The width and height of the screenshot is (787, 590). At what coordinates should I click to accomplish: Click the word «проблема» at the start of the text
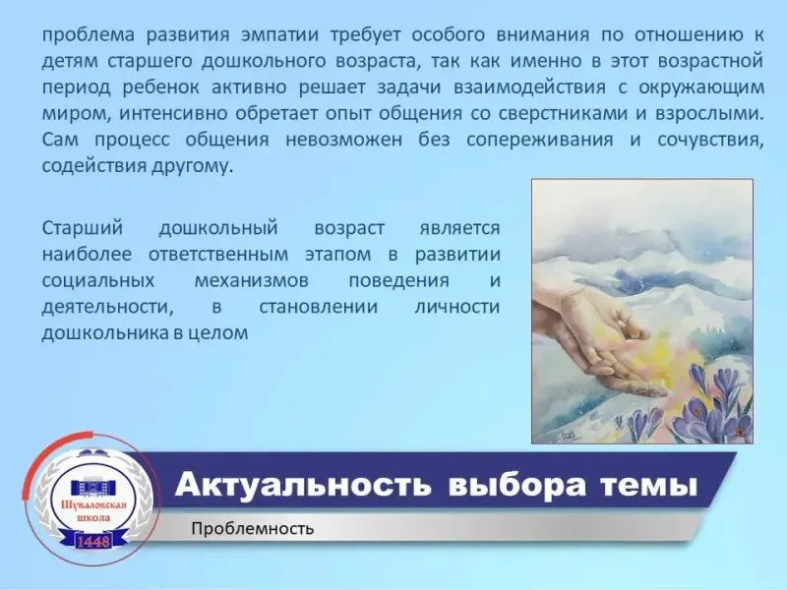(89, 36)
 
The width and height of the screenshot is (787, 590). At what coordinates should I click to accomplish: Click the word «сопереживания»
(539, 140)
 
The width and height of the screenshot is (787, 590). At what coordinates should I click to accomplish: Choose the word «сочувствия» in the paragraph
(710, 140)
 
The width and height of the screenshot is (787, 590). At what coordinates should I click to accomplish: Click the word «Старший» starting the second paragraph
(83, 228)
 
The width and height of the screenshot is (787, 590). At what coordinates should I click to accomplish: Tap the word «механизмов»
(252, 280)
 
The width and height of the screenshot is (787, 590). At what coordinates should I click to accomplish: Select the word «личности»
(456, 307)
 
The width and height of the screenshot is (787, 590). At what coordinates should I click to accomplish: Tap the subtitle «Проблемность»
(253, 529)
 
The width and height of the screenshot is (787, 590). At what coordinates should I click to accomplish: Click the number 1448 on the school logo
(93, 542)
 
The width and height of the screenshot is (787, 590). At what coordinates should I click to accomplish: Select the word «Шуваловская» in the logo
(93, 504)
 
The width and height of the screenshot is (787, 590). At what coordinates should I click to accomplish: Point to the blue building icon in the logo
(93, 487)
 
